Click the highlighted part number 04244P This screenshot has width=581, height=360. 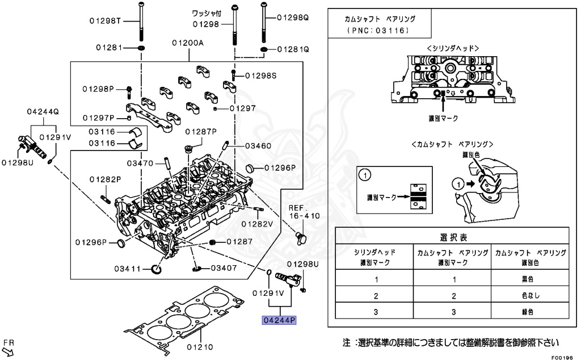tap(279, 321)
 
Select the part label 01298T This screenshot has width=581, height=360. tap(106, 21)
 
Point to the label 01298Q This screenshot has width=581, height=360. tap(293, 18)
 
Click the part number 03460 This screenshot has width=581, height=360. tap(258, 146)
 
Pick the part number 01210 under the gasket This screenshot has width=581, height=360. tap(200, 346)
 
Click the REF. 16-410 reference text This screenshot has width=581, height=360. tap(304, 212)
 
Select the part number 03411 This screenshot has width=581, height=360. tap(128, 268)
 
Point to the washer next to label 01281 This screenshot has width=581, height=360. tap(140, 48)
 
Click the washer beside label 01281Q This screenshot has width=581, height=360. tap(264, 49)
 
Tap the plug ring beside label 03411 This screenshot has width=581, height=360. tap(157, 268)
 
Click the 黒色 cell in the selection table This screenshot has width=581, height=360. tap(529, 279)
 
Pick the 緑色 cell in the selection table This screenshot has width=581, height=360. tap(529, 312)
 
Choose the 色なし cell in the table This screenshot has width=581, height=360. tap(529, 295)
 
